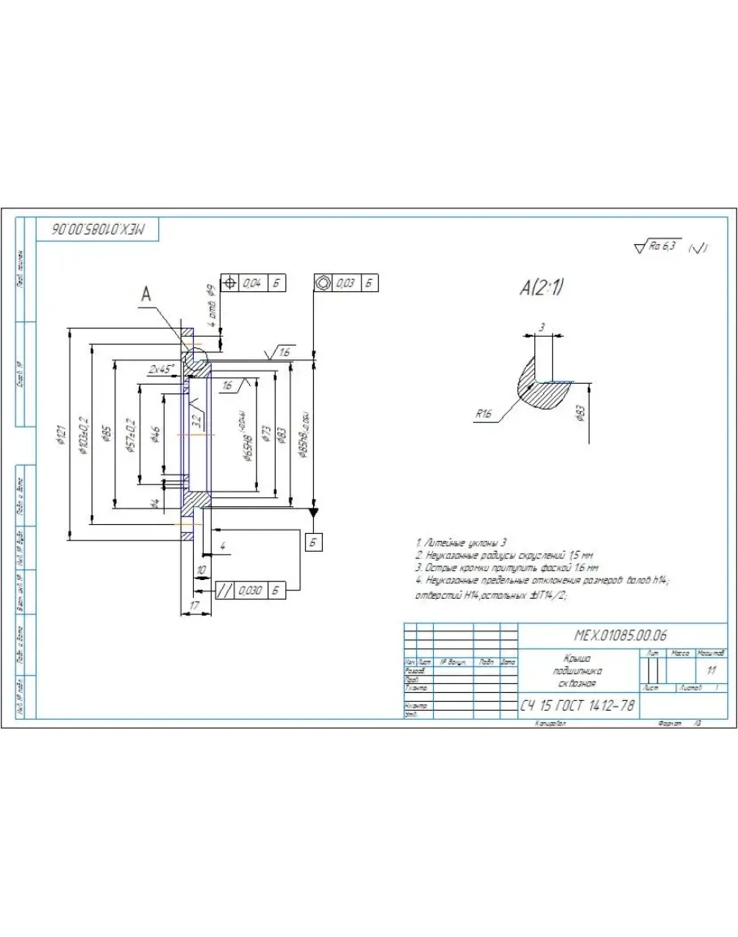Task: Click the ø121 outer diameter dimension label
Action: (62, 435)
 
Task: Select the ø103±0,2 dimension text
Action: (84, 435)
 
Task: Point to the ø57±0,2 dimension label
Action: (131, 435)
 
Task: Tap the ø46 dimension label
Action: (155, 435)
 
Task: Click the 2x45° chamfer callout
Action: (161, 369)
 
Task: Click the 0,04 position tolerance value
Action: (252, 283)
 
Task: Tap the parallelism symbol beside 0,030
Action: (222, 591)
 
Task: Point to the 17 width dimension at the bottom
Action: (195, 605)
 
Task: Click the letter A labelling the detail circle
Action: (146, 295)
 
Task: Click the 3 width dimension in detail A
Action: (542, 327)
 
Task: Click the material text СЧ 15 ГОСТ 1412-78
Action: (577, 706)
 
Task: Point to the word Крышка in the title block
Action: (577, 659)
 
